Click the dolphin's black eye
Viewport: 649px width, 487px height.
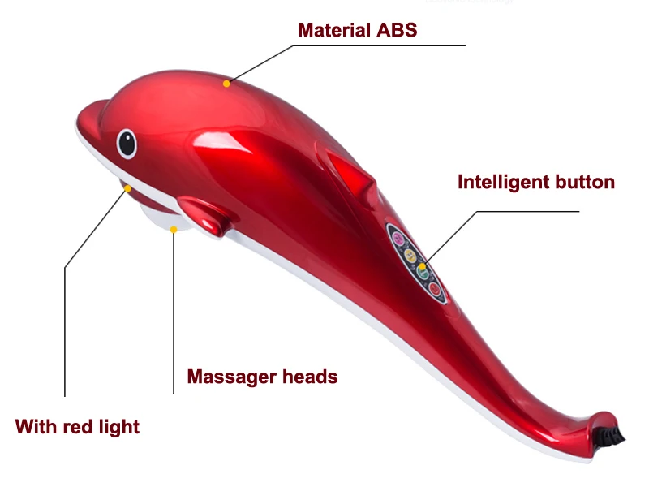point(127,143)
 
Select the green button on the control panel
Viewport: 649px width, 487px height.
point(423,273)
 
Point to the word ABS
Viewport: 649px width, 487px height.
point(395,31)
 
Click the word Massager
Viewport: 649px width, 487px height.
point(228,377)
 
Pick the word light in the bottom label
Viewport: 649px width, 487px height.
point(119,426)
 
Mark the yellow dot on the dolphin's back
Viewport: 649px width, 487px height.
point(228,82)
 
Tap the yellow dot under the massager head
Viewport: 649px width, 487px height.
point(173,229)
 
